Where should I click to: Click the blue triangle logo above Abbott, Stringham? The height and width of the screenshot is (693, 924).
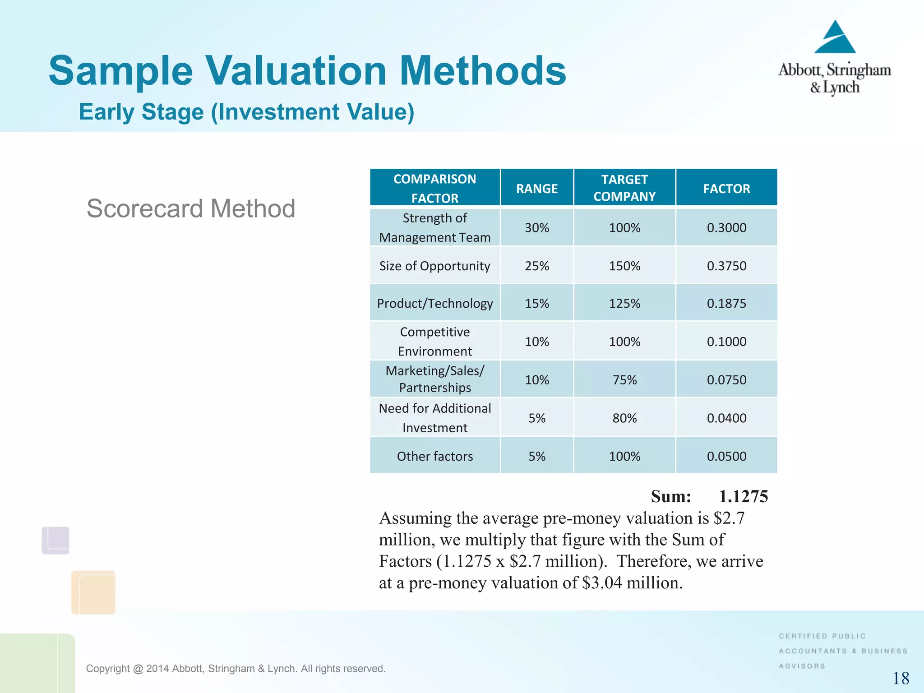coord(835,38)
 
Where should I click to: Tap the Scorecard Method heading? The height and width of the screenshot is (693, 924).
coord(191,208)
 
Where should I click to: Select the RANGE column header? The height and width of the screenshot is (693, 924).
coord(537,189)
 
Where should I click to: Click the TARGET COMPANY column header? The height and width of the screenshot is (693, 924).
coord(624,188)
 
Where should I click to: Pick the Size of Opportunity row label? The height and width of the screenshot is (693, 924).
coord(434,266)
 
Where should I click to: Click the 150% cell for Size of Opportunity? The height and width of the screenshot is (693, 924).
coord(624,266)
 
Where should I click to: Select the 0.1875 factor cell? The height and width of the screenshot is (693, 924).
coord(726,303)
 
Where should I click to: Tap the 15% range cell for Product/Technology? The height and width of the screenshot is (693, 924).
coord(537,303)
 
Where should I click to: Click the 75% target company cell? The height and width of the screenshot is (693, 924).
coord(624,380)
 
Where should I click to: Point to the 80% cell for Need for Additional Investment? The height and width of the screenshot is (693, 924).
coord(624,418)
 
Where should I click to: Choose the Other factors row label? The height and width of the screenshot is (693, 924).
coord(434,456)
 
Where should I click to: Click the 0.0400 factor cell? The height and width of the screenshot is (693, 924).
coord(726,418)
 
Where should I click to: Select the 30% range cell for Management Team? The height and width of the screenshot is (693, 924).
coord(537,228)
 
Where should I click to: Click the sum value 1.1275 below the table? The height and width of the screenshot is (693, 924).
coord(743,496)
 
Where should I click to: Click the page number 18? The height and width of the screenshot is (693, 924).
coord(901,678)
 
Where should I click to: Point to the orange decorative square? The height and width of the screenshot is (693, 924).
coord(93,592)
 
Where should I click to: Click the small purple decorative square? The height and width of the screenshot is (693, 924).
coord(55,540)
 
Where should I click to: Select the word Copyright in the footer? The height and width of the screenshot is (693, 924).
coord(107,669)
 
